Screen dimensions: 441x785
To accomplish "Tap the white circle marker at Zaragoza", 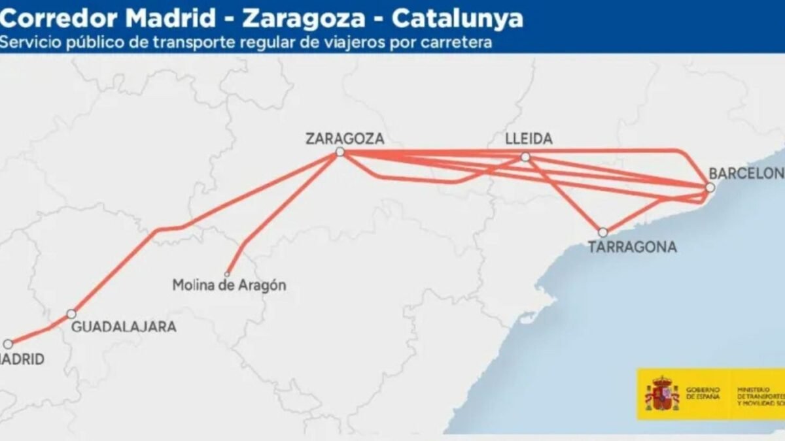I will point(340,152).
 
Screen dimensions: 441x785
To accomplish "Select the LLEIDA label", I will point(529,139).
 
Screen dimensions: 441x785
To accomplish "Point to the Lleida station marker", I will point(525,157).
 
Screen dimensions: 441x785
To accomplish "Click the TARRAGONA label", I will point(632,247).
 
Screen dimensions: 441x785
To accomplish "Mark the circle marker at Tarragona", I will point(602,232).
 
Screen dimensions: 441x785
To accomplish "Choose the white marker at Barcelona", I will point(710,188).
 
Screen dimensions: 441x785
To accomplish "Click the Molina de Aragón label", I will point(229,286).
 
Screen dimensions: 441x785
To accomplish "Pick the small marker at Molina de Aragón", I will point(228,274).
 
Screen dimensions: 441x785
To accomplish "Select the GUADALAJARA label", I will point(123,327).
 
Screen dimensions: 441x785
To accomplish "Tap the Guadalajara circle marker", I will point(71,314).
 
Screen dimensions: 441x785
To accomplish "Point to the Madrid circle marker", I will point(8,344).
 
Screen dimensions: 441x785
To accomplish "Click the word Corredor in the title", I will point(55,18).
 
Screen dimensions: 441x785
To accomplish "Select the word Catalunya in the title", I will point(457,18).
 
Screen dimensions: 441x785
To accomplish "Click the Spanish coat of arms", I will point(662,393).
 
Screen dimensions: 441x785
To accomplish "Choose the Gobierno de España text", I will point(703,393).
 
